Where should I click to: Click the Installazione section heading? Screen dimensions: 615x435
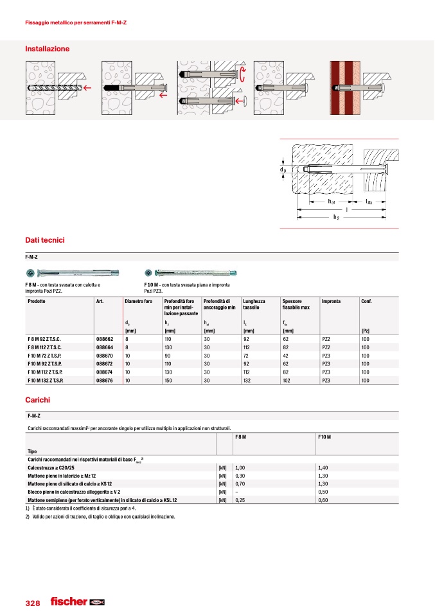(x=47, y=49)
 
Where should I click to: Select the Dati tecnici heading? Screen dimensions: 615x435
(x=44, y=240)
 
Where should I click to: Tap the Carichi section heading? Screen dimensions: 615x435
(x=37, y=400)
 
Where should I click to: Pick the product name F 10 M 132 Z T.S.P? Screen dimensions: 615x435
(x=49, y=380)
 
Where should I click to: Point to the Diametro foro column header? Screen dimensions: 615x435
(x=138, y=301)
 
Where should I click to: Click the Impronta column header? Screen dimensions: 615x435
(x=331, y=301)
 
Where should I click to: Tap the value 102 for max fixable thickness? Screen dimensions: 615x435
(x=288, y=380)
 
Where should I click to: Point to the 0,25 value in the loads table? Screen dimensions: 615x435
(x=241, y=499)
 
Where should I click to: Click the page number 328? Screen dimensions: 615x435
(x=33, y=603)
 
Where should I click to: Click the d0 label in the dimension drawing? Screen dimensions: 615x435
(x=282, y=169)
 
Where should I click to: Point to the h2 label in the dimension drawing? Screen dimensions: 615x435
(x=335, y=218)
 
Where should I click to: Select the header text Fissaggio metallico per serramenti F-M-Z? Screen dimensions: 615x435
(x=75, y=23)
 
